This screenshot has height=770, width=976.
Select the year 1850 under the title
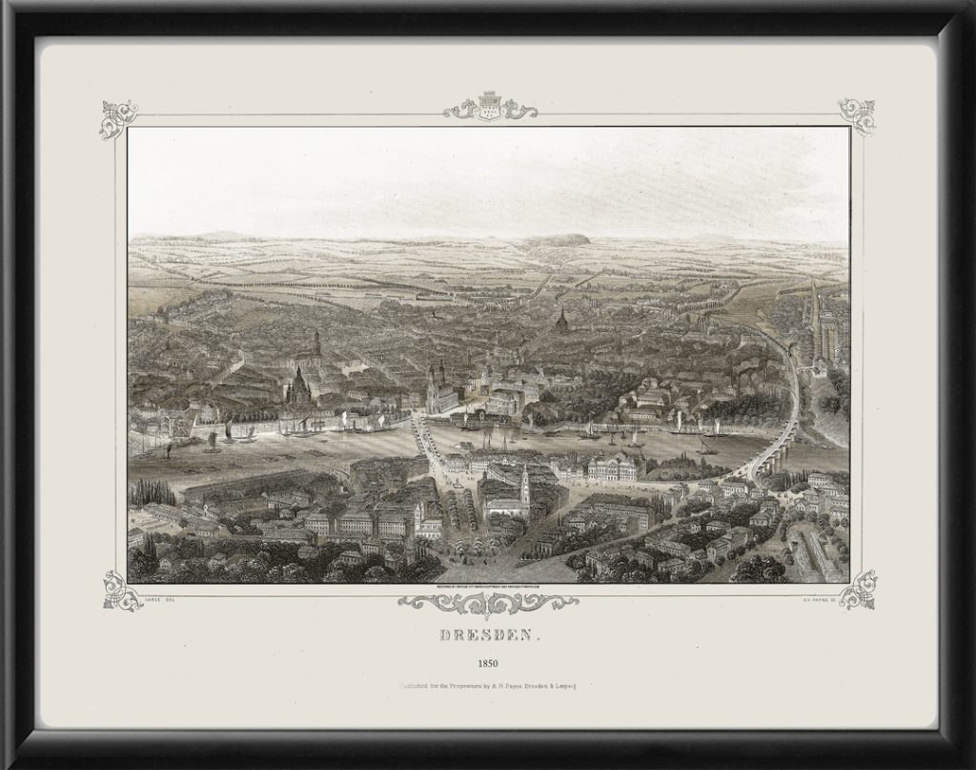pos(487,660)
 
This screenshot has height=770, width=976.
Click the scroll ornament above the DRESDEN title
pos(487,603)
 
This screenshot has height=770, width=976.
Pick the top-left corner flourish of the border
pos(119,118)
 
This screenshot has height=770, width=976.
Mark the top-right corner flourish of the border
pos(857,115)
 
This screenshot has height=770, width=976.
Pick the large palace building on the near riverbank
pos(615,467)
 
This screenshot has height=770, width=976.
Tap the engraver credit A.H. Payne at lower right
pos(827,599)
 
